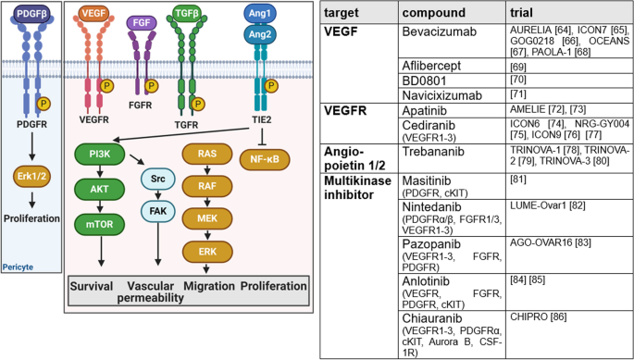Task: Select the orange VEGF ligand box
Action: (94, 14)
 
